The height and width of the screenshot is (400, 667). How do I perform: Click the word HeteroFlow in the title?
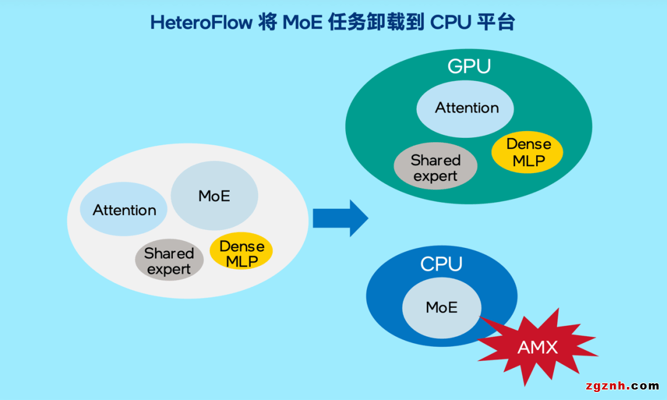pyautogui.click(x=201, y=23)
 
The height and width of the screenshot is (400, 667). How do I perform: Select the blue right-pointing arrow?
pyautogui.click(x=340, y=218)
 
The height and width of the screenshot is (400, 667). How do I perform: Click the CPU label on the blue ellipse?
pyautogui.click(x=441, y=264)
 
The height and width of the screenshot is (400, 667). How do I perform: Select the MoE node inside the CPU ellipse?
pyautogui.click(x=442, y=307)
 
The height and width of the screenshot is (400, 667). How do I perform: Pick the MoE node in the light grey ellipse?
pyautogui.click(x=214, y=196)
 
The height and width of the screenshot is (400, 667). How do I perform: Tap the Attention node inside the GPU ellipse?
pyautogui.click(x=466, y=108)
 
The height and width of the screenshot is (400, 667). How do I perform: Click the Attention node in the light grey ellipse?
pyautogui.click(x=124, y=210)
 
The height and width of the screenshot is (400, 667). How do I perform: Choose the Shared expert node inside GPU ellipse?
pyautogui.click(x=435, y=168)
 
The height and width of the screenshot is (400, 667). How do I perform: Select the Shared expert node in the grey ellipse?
pyautogui.click(x=169, y=261)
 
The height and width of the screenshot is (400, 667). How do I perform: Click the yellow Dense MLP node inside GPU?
pyautogui.click(x=528, y=152)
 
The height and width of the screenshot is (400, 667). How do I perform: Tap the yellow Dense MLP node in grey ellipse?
pyautogui.click(x=241, y=253)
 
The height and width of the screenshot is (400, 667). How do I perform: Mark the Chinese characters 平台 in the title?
pyautogui.click(x=496, y=23)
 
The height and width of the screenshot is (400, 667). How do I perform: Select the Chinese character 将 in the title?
pyautogui.click(x=267, y=23)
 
